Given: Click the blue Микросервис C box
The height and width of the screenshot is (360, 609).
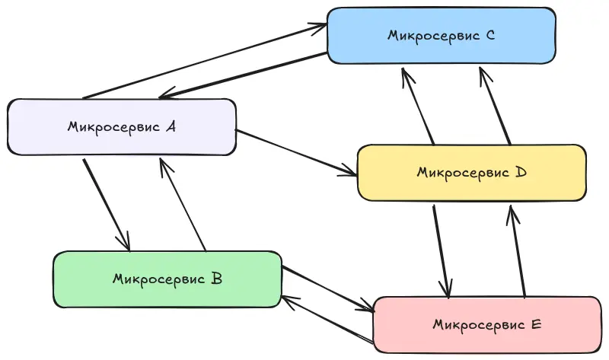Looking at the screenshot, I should pyautogui.click(x=441, y=35).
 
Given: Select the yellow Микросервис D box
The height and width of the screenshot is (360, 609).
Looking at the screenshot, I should pyautogui.click(x=471, y=173).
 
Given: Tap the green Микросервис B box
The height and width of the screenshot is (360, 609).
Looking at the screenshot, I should pyautogui.click(x=167, y=279).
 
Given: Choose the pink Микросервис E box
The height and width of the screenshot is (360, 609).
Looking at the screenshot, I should pyautogui.click(x=486, y=325).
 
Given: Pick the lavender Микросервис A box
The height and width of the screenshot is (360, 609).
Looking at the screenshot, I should pyautogui.click(x=121, y=127).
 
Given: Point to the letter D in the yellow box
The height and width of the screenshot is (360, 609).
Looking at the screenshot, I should pyautogui.click(x=521, y=173).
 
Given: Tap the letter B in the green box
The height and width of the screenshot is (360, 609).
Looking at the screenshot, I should pyautogui.click(x=215, y=279).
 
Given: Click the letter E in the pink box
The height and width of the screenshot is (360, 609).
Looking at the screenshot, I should pyautogui.click(x=536, y=325).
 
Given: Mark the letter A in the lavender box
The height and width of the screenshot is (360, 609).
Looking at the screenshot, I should pyautogui.click(x=171, y=127).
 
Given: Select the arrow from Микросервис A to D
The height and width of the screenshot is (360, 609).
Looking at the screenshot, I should pyautogui.click(x=297, y=153).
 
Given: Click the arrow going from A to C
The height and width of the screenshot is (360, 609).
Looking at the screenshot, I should pyautogui.click(x=206, y=62).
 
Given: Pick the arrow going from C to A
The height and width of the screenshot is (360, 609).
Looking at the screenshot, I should pyautogui.click(x=244, y=77).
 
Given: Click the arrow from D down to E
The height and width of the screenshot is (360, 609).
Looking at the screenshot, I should pyautogui.click(x=442, y=251).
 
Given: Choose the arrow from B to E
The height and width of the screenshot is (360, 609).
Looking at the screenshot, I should pyautogui.click(x=327, y=289).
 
